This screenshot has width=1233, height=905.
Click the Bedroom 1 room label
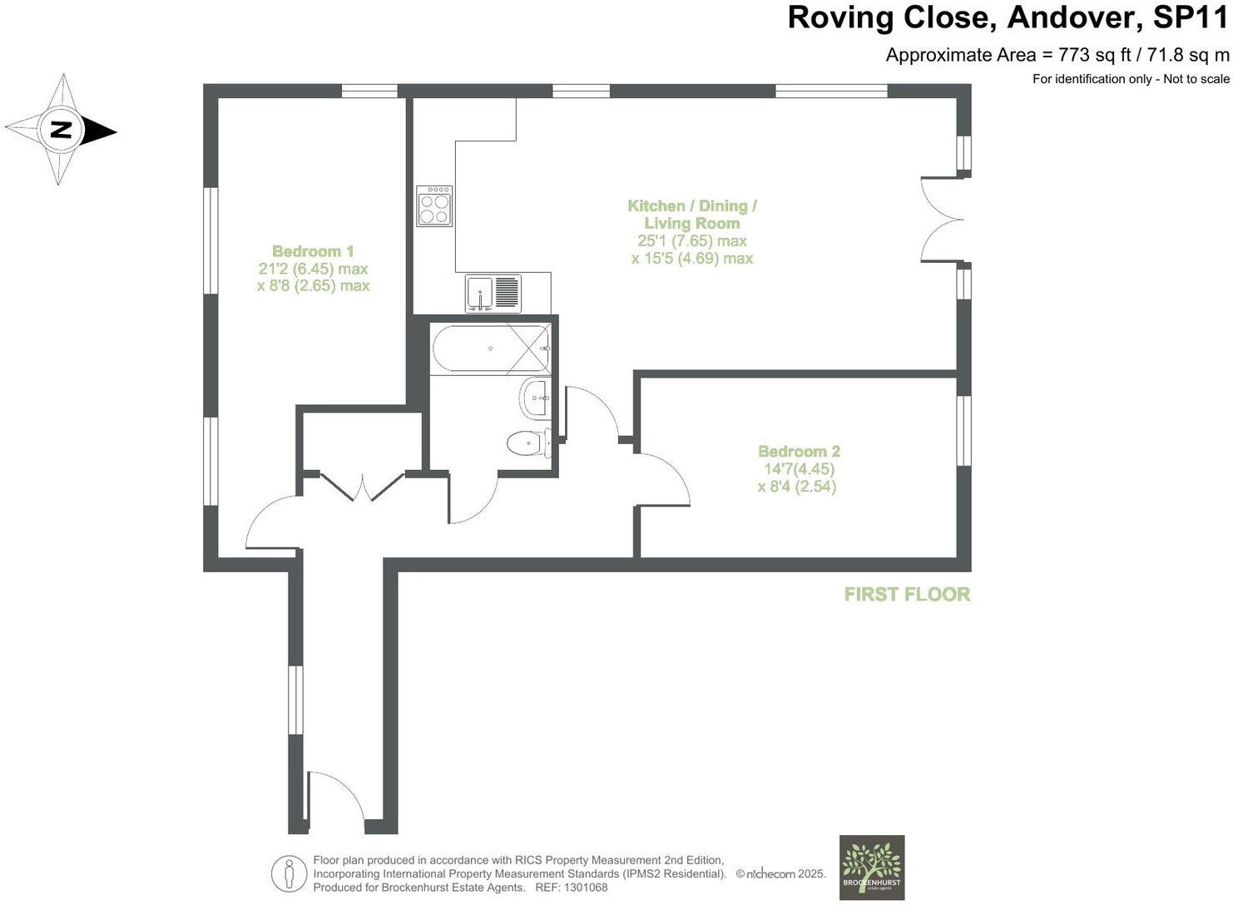(313, 251)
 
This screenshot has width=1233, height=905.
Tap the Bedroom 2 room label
(799, 451)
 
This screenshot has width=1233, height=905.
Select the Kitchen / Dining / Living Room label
(691, 215)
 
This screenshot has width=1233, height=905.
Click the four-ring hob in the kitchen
(434, 205)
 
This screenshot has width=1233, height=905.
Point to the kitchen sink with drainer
(493, 294)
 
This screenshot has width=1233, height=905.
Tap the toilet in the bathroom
(527, 443)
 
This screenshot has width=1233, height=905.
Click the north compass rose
(61, 130)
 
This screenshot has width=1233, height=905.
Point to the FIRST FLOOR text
(907, 594)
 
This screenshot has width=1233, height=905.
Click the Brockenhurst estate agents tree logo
(871, 867)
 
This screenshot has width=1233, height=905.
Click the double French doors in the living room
(942, 220)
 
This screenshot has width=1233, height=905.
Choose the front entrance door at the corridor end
(336, 799)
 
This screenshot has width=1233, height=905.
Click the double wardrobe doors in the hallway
(363, 486)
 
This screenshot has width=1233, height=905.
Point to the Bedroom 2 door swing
(663, 481)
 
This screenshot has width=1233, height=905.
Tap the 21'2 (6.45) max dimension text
(313, 269)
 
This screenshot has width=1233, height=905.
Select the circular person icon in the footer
(289, 873)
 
